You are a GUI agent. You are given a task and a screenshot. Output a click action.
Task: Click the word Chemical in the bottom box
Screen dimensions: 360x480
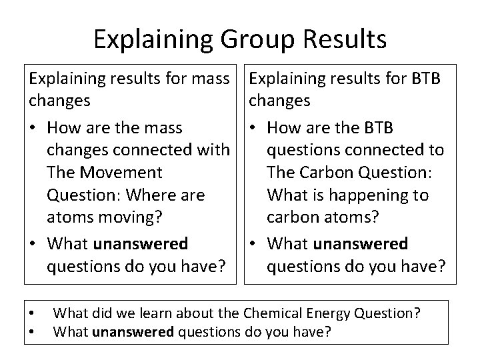click(x=275, y=312)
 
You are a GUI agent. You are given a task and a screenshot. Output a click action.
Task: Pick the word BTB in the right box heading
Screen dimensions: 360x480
click(x=423, y=79)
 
